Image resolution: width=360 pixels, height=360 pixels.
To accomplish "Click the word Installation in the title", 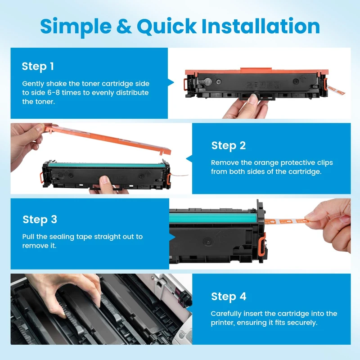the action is tap(261, 26).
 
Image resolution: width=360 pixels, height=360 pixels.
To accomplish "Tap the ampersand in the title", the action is tap(124, 26).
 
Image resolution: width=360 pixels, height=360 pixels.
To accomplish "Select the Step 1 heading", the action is tap(38, 67).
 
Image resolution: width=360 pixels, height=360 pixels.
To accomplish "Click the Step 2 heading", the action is tap(229, 146).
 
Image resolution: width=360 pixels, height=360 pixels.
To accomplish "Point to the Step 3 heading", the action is tap(40, 220).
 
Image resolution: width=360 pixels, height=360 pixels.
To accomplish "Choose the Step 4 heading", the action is tap(229, 297).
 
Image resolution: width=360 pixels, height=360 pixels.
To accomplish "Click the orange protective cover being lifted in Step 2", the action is tap(108, 139).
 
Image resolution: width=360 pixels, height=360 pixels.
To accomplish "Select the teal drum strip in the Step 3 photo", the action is tap(213, 218).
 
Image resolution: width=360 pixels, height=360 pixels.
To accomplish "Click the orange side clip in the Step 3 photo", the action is tap(262, 244).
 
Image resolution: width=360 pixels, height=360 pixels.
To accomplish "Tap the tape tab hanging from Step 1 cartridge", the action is tap(336, 90).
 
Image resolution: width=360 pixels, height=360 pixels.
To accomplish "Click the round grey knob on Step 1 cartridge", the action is tap(207, 81).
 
